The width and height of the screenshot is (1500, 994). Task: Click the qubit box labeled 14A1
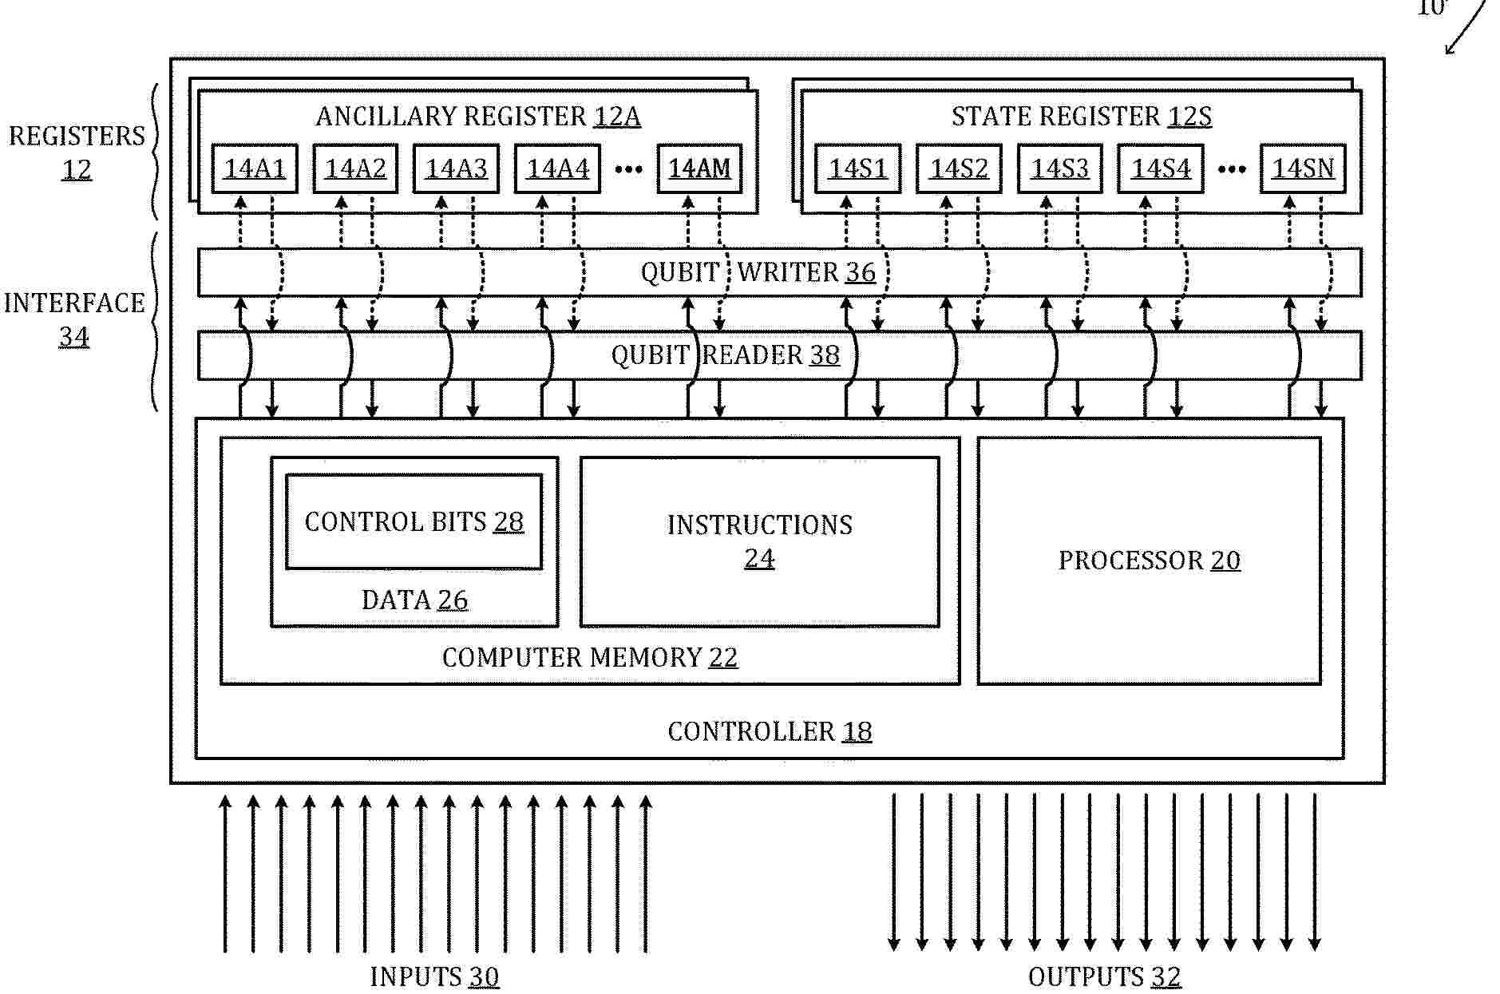[255, 168]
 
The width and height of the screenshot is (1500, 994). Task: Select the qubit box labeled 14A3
[456, 168]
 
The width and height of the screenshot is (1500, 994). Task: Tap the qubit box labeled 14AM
[699, 168]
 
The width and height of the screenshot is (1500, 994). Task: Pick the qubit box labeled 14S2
[959, 168]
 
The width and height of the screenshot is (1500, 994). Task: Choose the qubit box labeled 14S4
[1161, 168]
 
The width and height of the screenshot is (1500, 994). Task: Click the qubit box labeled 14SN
[1303, 168]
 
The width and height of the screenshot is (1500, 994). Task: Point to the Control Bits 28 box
[414, 522]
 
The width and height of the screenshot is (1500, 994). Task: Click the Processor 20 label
[1150, 560]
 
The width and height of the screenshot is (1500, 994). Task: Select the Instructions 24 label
[760, 541]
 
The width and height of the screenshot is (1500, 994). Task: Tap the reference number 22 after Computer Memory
[723, 658]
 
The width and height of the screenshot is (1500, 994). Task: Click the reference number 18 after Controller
[857, 731]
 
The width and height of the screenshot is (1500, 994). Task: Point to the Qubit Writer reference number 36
[861, 272]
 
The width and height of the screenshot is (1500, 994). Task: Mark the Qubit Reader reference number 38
[825, 355]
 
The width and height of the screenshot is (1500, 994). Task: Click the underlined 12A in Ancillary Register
[617, 117]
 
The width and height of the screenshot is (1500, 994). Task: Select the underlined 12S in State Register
[1189, 117]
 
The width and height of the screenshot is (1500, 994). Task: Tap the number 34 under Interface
[74, 336]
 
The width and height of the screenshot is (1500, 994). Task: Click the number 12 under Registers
[77, 169]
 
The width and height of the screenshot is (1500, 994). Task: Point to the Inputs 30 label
[434, 976]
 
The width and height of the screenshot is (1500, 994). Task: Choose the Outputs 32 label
[1105, 976]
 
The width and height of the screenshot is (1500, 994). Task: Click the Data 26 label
[414, 600]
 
